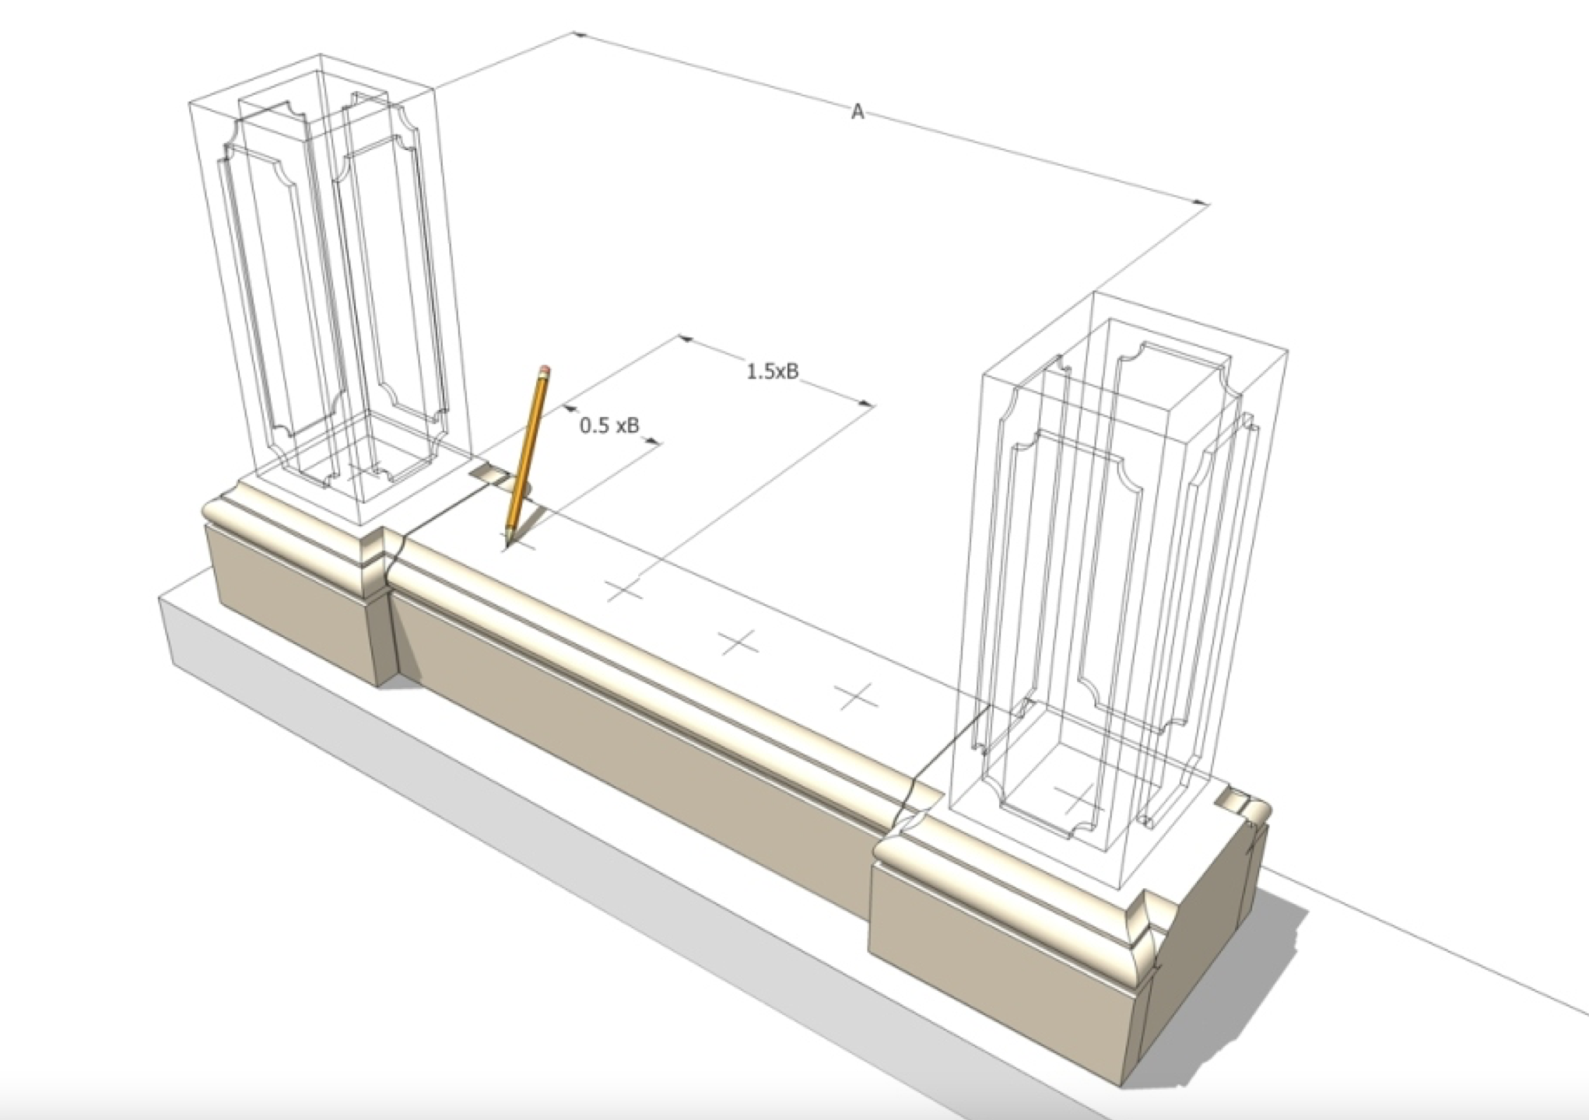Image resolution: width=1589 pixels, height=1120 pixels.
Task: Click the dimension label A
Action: [x=857, y=113]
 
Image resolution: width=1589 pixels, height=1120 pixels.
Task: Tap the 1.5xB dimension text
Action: [x=772, y=372]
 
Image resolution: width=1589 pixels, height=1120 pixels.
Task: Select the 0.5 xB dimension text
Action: [x=609, y=425]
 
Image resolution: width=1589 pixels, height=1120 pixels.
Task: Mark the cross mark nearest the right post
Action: [x=857, y=696]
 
